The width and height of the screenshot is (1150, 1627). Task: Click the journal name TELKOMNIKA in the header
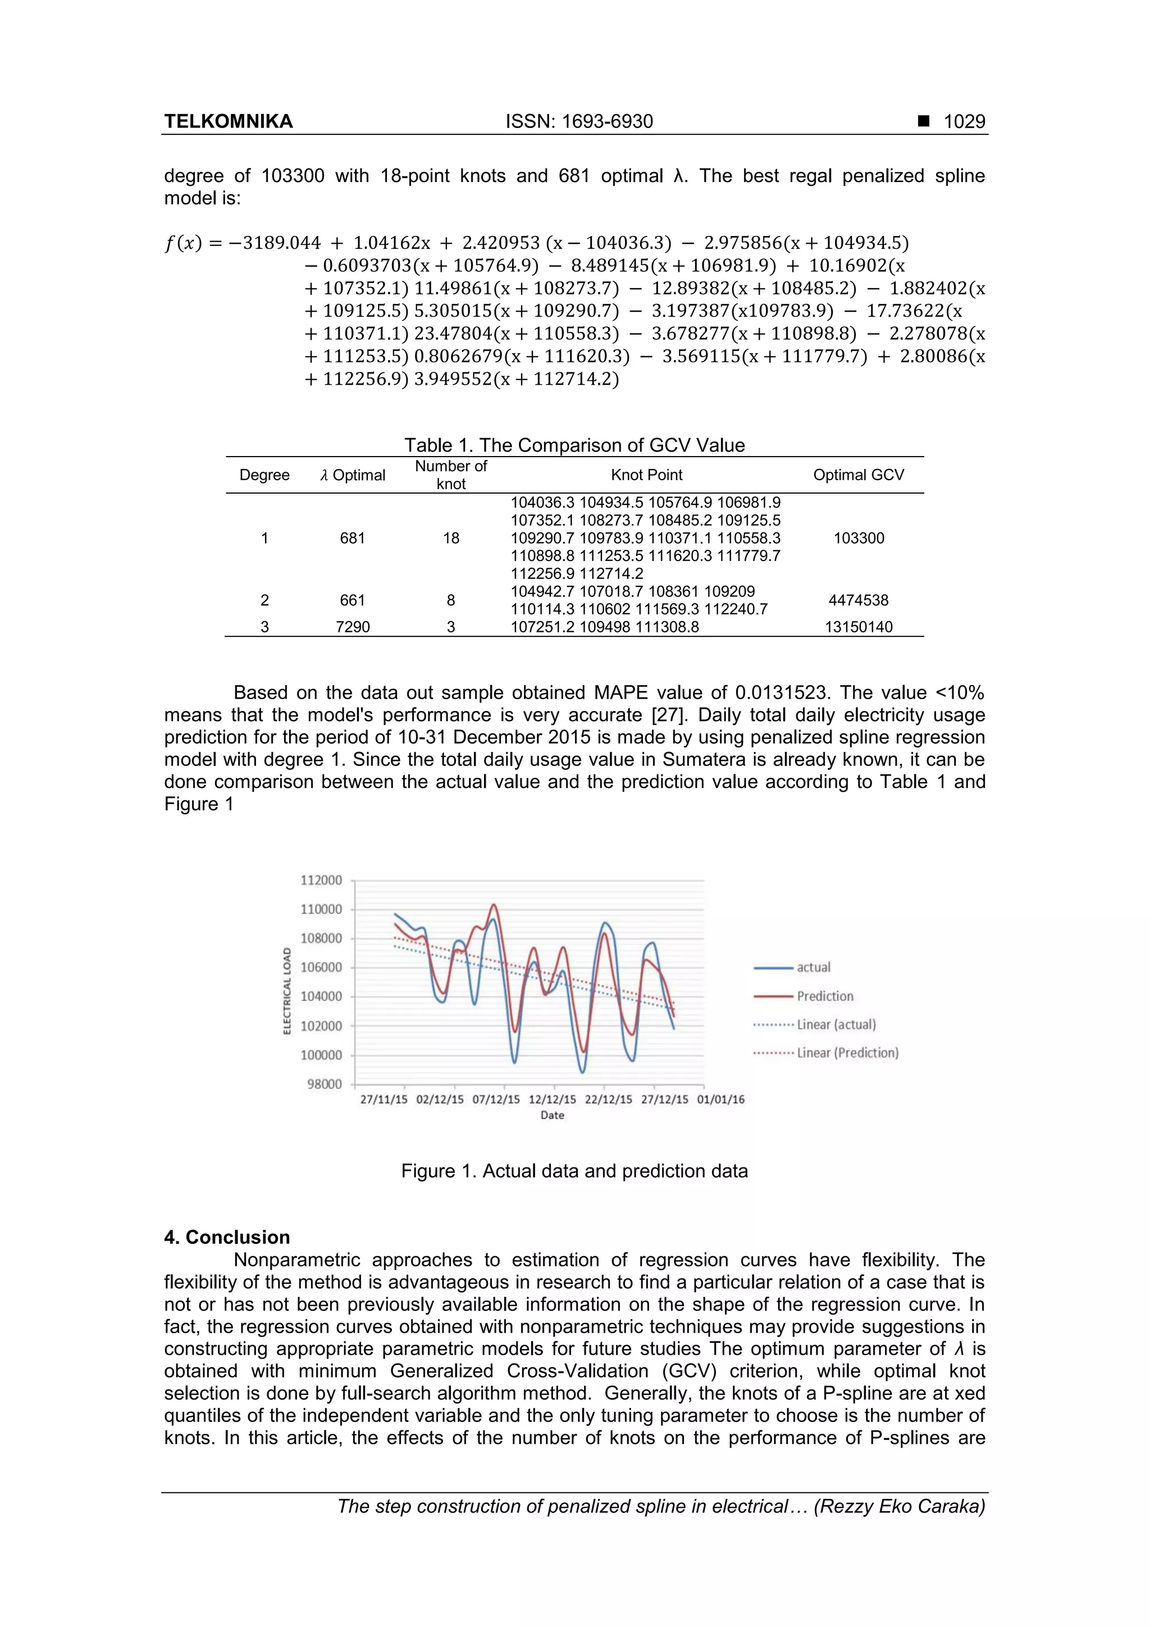tap(228, 122)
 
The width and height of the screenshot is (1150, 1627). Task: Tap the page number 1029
tap(964, 122)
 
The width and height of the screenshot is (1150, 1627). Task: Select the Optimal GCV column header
tap(858, 475)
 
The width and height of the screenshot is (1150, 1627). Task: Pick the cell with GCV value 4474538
tap(858, 600)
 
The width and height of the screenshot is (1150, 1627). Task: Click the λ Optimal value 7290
tap(352, 626)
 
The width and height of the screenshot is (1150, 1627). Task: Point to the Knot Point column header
tap(646, 475)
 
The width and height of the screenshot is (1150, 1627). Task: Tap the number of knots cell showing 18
tap(451, 538)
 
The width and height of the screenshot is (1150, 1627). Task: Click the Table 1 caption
tap(574, 445)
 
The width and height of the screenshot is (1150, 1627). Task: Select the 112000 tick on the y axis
tap(321, 880)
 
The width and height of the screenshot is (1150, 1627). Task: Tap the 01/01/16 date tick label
tap(720, 1100)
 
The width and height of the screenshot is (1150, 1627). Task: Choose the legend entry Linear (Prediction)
tap(847, 1053)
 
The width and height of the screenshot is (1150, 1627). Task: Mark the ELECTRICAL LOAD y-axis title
tap(287, 991)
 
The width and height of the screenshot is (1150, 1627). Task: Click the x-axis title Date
tap(552, 1115)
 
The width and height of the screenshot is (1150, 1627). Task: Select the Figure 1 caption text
tap(574, 1170)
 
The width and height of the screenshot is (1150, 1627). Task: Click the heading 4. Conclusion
tap(227, 1237)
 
